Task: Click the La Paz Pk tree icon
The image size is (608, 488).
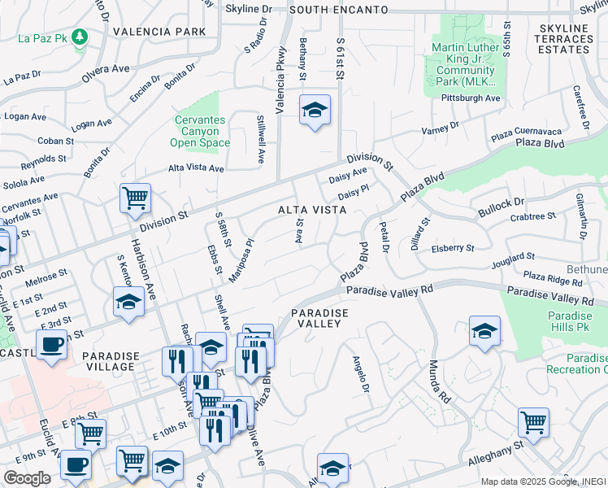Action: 79,37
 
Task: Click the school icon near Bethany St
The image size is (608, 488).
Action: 314,110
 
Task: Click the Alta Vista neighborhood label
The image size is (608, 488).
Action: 313,210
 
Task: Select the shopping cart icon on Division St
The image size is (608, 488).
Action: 135,198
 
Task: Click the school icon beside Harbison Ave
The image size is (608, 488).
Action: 128,302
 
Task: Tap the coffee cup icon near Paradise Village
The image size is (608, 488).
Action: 52,344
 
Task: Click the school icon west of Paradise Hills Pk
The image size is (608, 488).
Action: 484,330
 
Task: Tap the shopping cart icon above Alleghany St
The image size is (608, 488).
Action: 533,421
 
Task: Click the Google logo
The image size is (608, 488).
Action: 27,478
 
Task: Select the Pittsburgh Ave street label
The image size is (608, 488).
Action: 471,98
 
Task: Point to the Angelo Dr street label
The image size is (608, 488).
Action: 360,375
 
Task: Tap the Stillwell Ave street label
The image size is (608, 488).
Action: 261,142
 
